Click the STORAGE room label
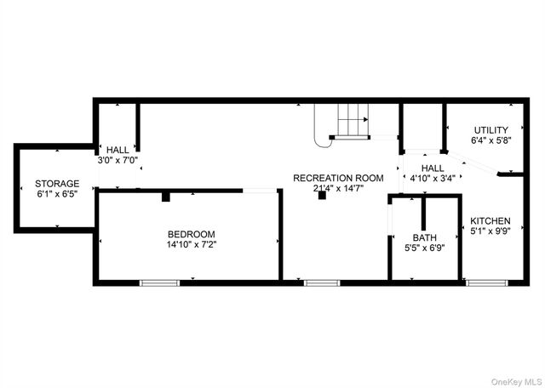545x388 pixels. pos(57,183)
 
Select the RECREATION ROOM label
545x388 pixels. pos(338,178)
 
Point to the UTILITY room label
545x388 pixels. pos(491,129)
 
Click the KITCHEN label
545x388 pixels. pos(490,220)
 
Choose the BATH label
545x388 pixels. pos(424,237)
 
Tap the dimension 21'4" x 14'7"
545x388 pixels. pos(338,188)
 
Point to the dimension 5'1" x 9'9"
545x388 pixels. pos(490,231)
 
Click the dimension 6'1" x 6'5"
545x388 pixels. pos(57,193)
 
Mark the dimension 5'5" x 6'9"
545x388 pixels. pos(424,248)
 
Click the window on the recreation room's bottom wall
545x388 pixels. pos(322,282)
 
